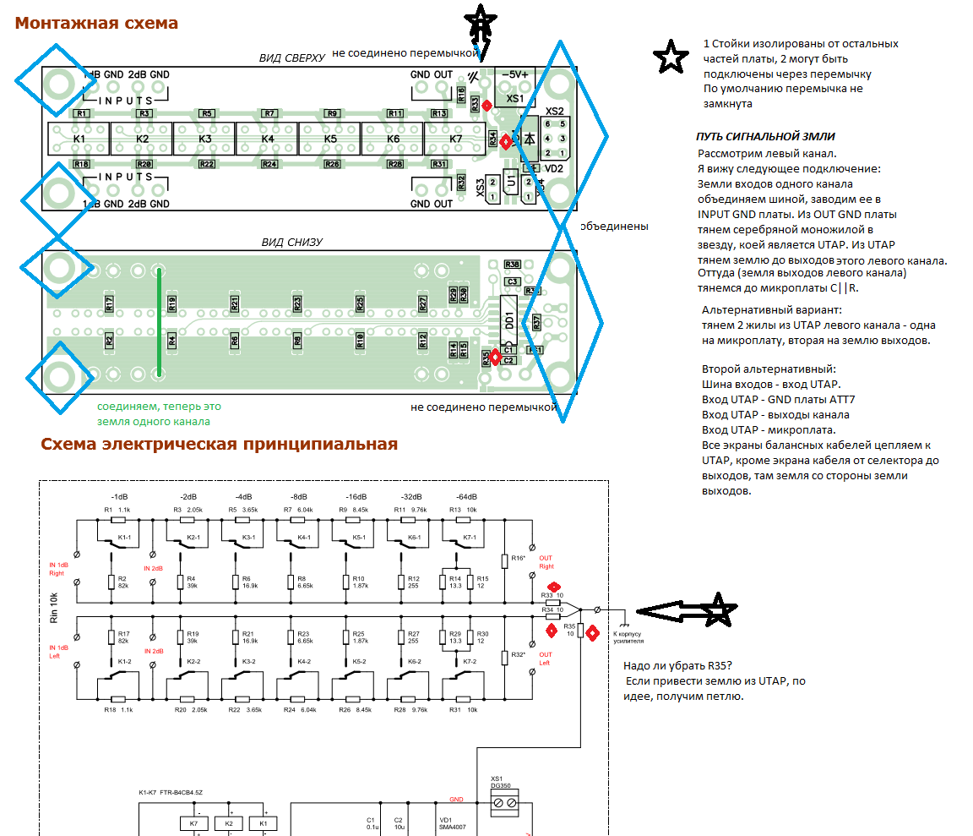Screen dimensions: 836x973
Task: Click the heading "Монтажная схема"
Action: coord(96,23)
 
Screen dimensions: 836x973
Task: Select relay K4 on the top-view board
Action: coord(268,139)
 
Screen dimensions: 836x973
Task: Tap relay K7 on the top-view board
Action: coord(455,139)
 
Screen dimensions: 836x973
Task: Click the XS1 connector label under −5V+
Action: coord(515,99)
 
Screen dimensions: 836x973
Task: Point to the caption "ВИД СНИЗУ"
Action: coord(291,243)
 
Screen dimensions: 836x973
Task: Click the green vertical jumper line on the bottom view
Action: coord(159,321)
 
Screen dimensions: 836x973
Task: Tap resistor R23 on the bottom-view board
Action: coord(297,303)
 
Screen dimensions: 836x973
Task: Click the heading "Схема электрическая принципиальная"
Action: coord(219,444)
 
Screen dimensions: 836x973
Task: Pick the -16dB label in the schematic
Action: coord(356,496)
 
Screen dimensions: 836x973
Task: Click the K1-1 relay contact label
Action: coord(124,537)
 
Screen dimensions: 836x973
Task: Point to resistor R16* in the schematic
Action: coord(519,559)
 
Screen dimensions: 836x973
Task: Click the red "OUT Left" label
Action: coord(546,658)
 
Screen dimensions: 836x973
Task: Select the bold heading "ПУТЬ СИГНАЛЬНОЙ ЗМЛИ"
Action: coord(765,137)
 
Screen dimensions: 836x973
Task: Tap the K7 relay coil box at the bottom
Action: coord(194,822)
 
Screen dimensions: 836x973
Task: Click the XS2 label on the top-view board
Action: coord(555,111)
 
